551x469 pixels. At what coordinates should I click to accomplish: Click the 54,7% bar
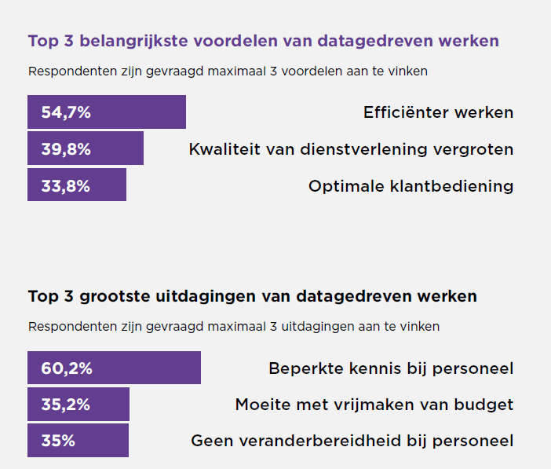point(107,112)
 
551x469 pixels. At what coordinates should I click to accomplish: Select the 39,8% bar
point(86,148)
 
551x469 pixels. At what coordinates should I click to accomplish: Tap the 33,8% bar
point(77,185)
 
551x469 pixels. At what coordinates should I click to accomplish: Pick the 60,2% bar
point(114,368)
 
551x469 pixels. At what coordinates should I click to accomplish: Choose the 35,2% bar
point(78,405)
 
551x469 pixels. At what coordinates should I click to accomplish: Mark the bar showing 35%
point(78,441)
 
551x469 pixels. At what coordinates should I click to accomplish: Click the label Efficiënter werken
point(438,112)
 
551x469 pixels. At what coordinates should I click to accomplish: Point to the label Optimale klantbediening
point(411,186)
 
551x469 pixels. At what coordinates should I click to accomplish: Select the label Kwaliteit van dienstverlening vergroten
point(351,149)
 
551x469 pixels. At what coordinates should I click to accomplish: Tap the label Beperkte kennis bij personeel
point(391,368)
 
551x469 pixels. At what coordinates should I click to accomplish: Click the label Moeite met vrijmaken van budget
point(374,405)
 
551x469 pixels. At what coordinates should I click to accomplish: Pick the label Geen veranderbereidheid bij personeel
point(352,442)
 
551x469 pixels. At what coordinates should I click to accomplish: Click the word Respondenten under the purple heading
point(69,71)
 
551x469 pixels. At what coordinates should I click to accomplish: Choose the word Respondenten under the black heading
point(69,326)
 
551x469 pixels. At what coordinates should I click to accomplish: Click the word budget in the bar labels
point(486,405)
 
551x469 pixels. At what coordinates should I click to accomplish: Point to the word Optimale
point(341,186)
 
